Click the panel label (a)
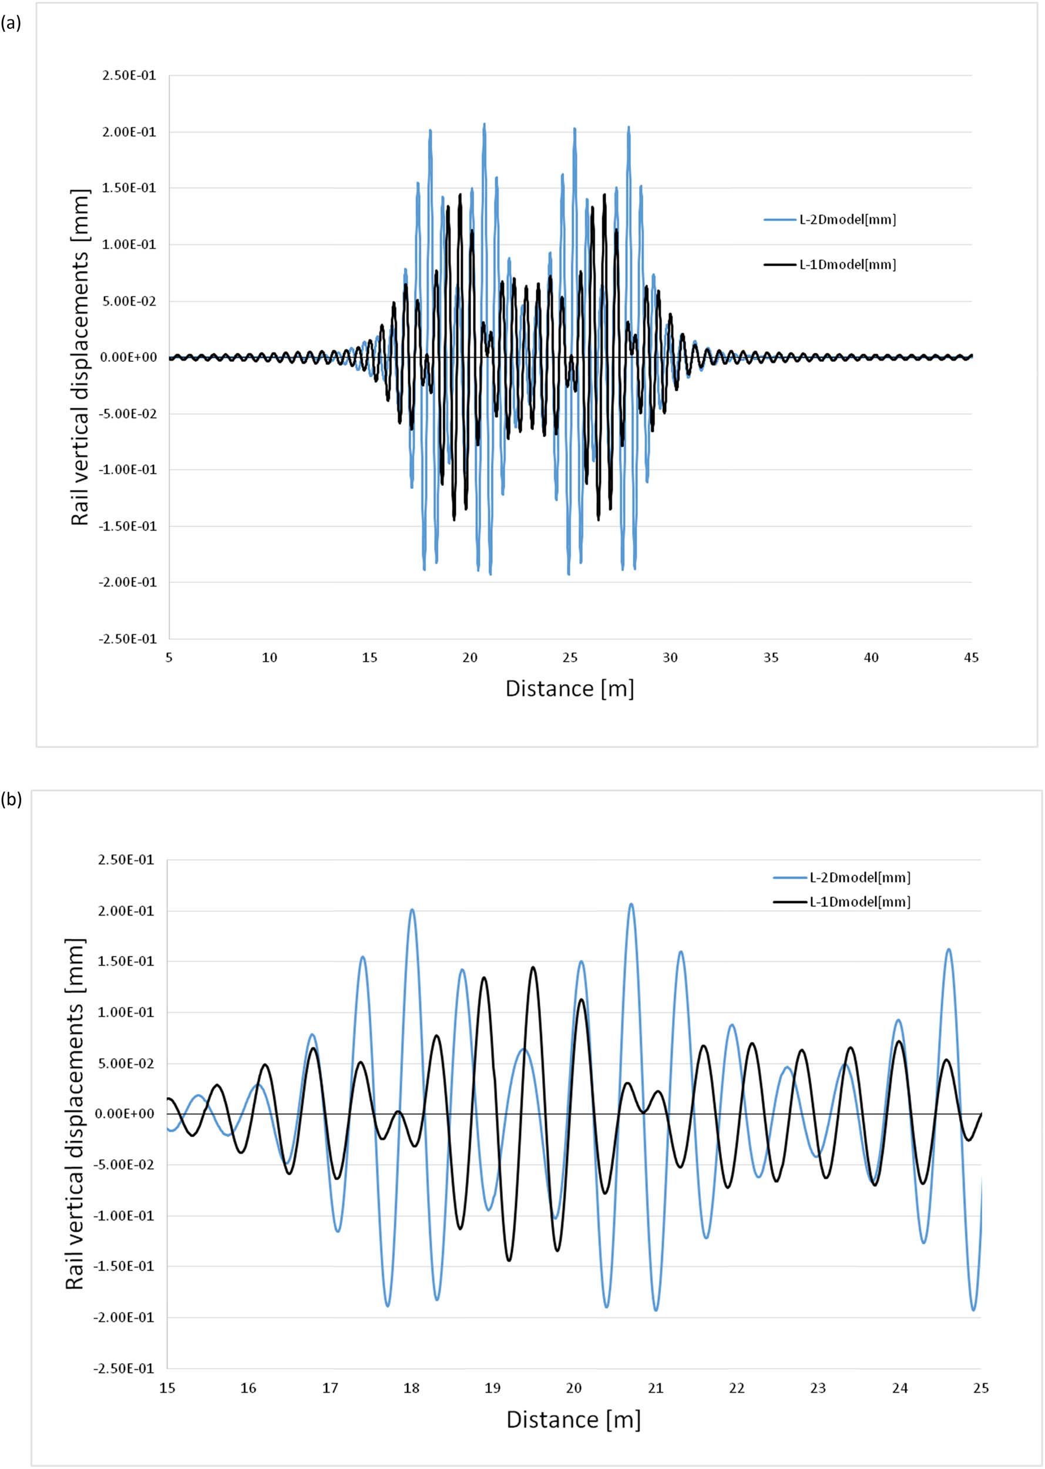point(12,24)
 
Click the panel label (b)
point(12,800)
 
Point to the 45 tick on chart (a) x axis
point(971,658)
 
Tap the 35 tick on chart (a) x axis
point(770,658)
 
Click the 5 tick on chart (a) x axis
point(169,658)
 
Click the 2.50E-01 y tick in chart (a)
point(129,76)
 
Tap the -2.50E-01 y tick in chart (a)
point(127,639)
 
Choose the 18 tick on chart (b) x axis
point(411,1388)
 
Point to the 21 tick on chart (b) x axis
point(655,1388)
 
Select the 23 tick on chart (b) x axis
point(818,1388)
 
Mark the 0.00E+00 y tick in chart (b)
point(125,1114)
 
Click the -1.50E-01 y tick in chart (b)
point(125,1267)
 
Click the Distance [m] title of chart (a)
point(569,689)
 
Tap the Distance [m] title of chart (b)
point(573,1420)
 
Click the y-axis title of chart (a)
point(80,357)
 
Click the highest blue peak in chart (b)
point(631,904)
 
